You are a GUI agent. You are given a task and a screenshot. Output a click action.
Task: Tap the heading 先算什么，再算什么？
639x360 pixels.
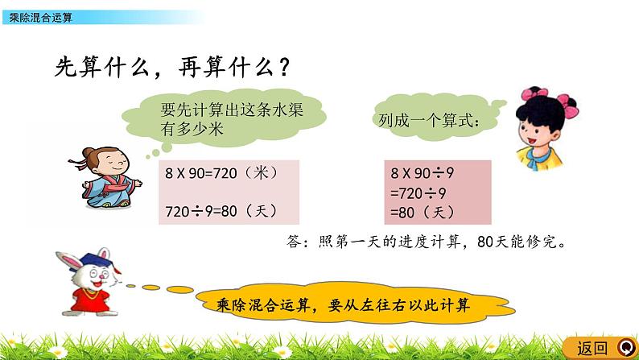[170, 67]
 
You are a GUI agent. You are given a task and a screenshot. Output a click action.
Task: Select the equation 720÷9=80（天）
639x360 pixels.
[221, 211]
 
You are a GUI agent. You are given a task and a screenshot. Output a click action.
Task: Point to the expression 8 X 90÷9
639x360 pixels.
[423, 172]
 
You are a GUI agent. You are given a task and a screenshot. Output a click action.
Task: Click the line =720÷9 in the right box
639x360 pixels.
[418, 193]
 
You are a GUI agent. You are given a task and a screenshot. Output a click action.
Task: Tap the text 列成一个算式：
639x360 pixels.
[430, 122]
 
